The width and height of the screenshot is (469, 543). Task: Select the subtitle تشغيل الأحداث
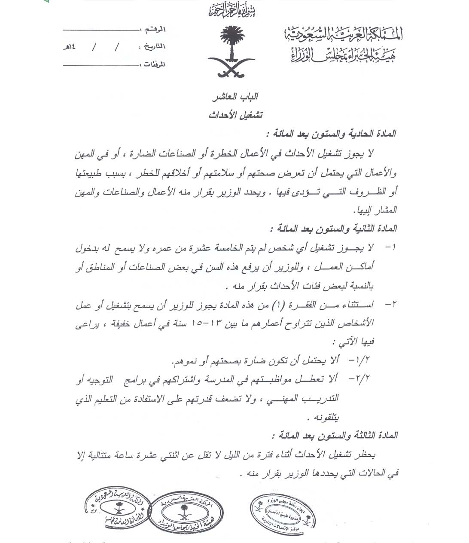click(x=236, y=115)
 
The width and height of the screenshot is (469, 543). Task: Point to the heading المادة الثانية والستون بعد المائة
click(x=333, y=228)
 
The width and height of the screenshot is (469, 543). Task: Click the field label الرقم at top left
click(x=156, y=29)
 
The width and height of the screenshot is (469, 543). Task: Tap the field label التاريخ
click(x=153, y=47)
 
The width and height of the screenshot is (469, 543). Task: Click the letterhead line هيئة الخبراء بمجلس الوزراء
click(x=342, y=54)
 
